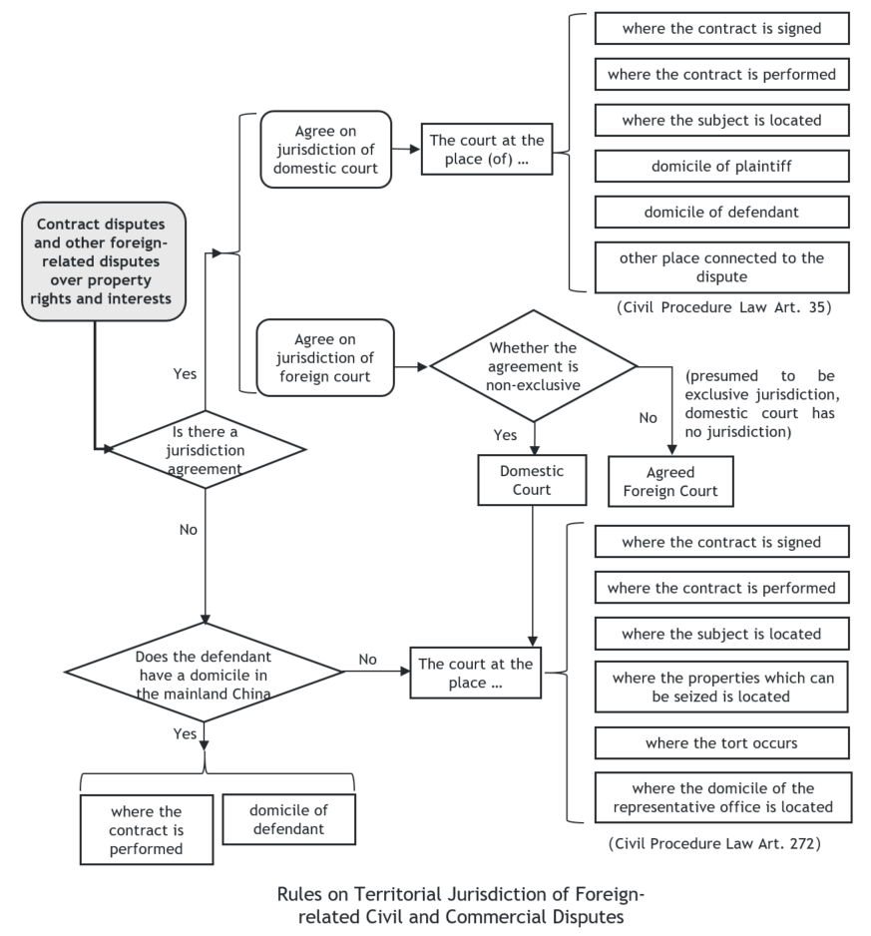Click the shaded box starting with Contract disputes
tap(104, 261)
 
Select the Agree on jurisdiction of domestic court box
tap(326, 150)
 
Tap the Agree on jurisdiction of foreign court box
tap(325, 357)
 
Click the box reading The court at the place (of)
tap(487, 150)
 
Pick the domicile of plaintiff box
tap(721, 166)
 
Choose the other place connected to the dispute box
tap(721, 267)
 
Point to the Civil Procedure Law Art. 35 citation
tap(723, 307)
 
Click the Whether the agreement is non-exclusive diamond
tap(534, 366)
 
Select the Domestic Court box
tap(532, 481)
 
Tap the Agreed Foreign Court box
tap(670, 482)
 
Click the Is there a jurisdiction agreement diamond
tap(205, 449)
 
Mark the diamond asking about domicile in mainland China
tap(204, 673)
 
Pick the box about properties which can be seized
tap(721, 688)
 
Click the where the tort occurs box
tap(721, 743)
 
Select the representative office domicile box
tap(723, 797)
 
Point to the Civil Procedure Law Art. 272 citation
tap(714, 843)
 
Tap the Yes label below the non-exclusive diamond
tap(505, 435)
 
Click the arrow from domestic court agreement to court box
tap(406, 150)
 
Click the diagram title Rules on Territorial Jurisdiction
tap(461, 905)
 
